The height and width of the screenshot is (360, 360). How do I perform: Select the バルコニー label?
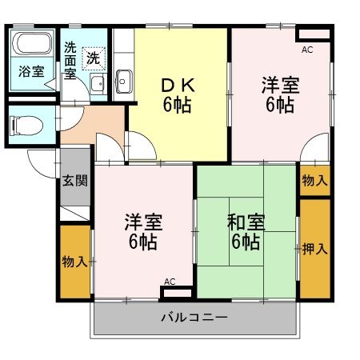[x=194, y=318]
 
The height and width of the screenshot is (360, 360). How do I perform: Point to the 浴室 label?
[x=32, y=70]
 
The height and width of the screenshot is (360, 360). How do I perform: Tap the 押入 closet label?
[x=315, y=248]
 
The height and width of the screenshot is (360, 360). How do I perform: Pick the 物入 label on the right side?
[x=314, y=180]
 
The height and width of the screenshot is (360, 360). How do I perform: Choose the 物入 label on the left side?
[x=74, y=262]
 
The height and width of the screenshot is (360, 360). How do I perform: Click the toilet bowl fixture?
[x=23, y=125]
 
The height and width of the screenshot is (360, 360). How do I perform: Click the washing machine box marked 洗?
[x=94, y=58]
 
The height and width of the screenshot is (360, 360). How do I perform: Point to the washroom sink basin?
[x=96, y=85]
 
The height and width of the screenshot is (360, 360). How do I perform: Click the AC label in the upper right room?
[x=307, y=50]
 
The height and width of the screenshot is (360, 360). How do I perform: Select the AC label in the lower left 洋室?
[x=169, y=281]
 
